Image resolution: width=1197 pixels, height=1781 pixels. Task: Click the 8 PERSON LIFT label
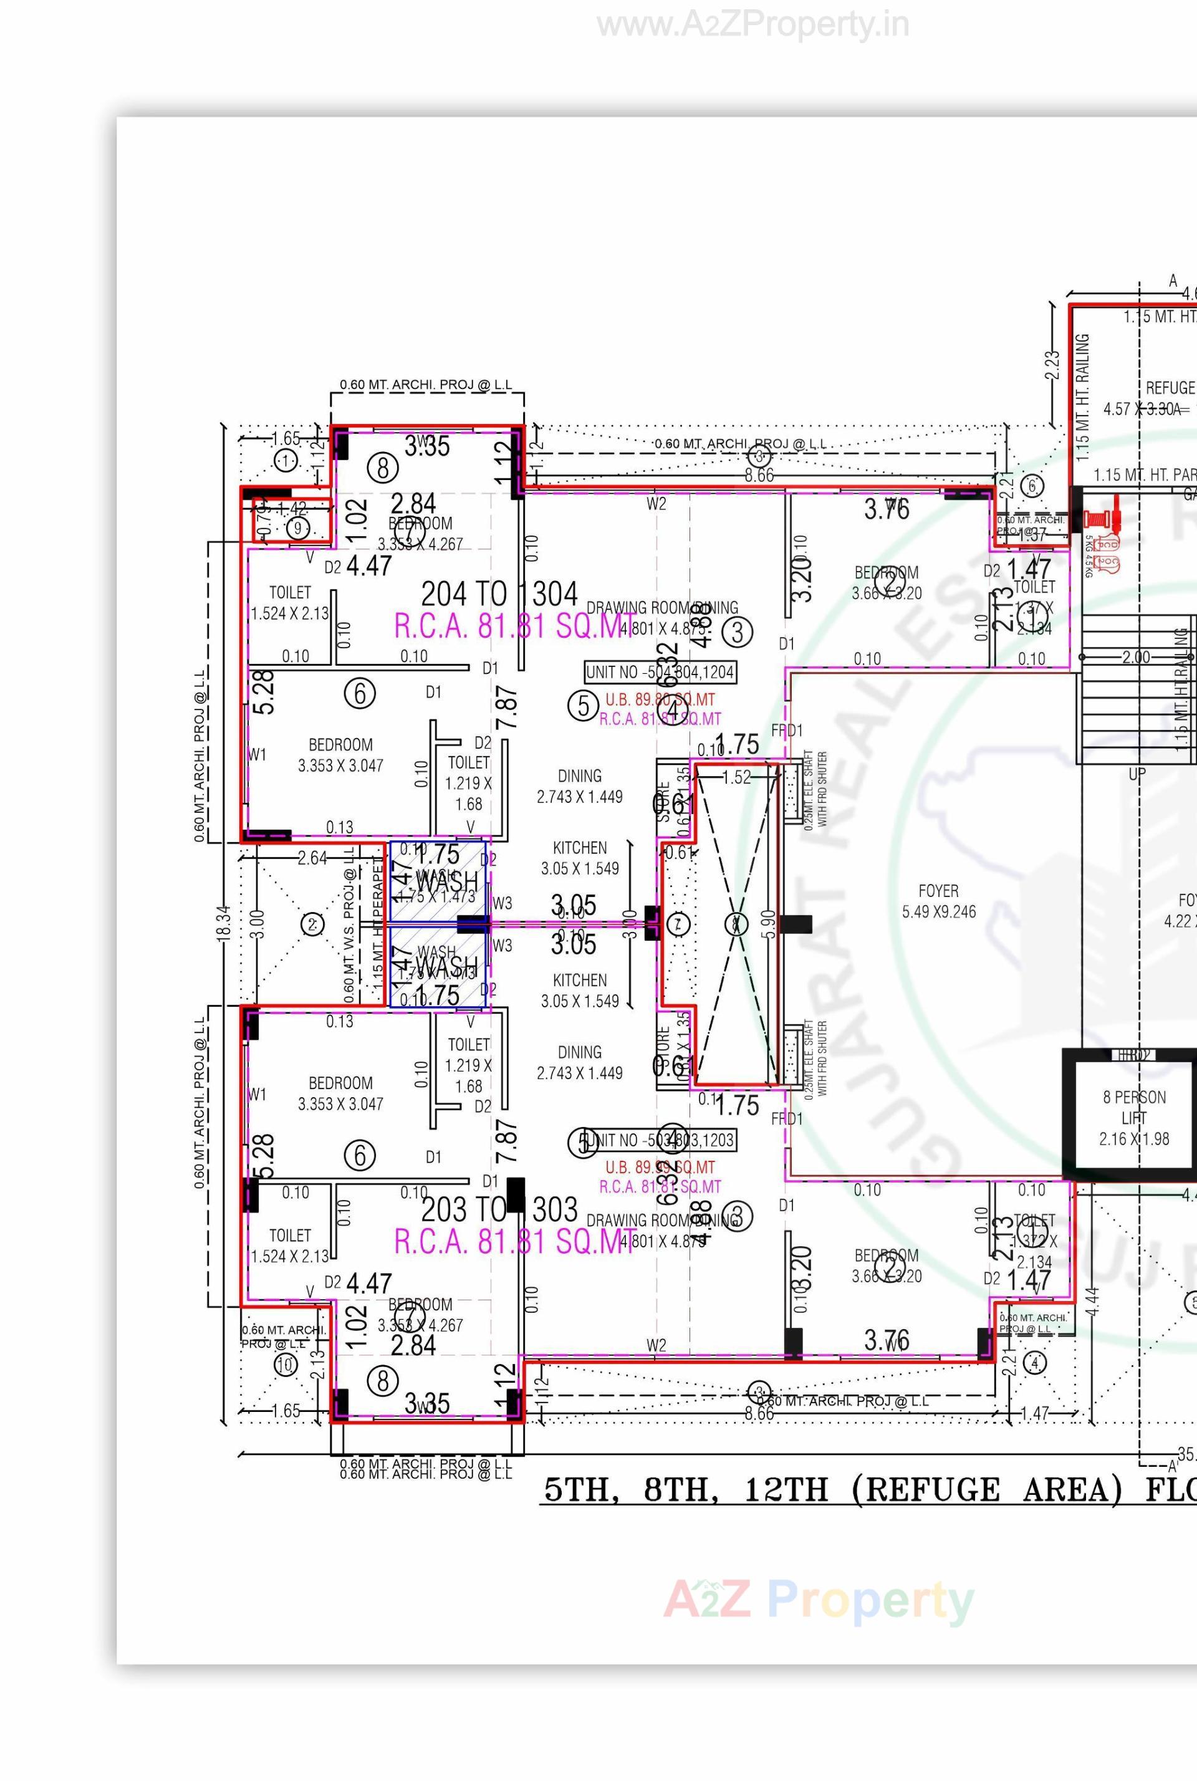pos(1133,1118)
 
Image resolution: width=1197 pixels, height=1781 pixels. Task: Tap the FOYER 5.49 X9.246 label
pos(938,901)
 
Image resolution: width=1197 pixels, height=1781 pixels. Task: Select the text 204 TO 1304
pos(499,593)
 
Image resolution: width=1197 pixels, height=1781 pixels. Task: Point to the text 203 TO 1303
pos(499,1209)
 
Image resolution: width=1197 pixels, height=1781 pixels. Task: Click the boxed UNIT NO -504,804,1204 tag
pos(660,672)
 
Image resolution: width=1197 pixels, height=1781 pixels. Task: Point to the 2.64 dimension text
pos(312,858)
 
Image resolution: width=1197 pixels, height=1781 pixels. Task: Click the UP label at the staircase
pos(1137,774)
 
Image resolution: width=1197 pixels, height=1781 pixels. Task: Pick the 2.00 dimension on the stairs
pos(1135,656)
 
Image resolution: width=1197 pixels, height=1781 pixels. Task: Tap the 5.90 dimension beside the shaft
pos(769,924)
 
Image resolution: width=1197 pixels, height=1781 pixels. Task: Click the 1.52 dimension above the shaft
pos(736,777)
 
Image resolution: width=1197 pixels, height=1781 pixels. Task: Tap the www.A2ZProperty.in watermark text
pos(752,25)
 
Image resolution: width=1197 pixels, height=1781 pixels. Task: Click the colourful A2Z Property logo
pos(819,1600)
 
